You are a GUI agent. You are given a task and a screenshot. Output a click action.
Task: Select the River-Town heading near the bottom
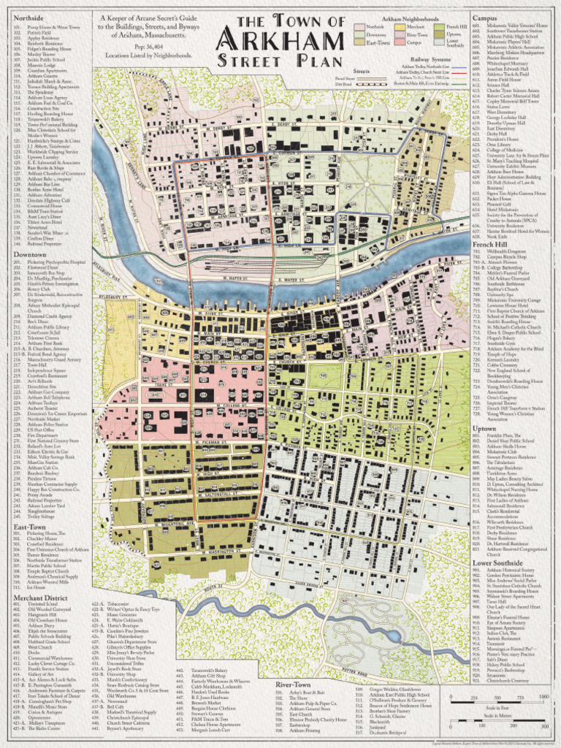coord(294,684)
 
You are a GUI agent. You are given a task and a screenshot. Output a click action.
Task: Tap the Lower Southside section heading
coord(497,562)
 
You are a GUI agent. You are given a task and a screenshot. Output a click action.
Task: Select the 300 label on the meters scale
coord(543,728)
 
